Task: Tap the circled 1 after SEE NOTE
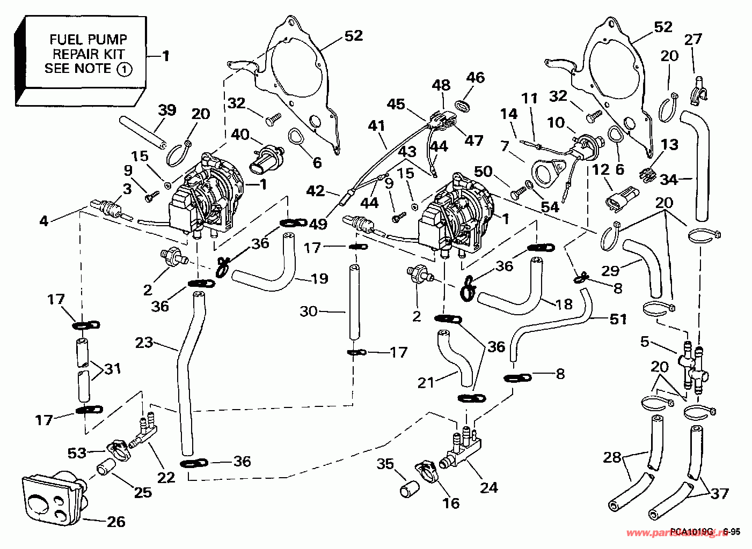point(124,69)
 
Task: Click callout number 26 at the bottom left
point(116,521)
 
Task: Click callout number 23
point(145,341)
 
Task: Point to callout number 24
point(489,487)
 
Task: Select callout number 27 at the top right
point(693,39)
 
